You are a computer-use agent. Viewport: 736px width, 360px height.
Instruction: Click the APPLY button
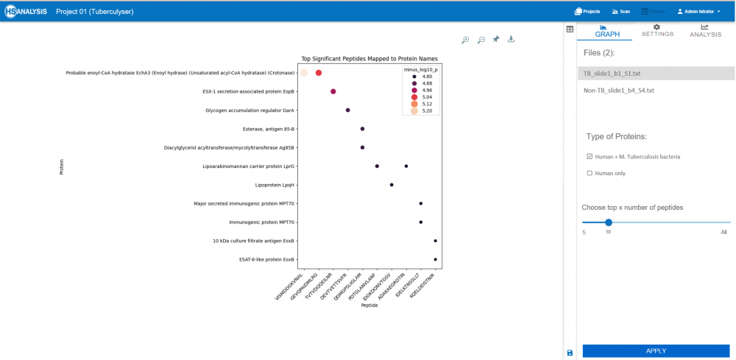tap(655, 351)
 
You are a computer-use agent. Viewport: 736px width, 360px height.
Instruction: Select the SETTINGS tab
tap(657, 30)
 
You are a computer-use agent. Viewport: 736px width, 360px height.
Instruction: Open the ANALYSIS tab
tap(705, 30)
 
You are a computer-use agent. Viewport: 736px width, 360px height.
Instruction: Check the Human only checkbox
tap(590, 173)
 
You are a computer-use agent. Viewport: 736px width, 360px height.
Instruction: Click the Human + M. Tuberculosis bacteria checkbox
tap(590, 156)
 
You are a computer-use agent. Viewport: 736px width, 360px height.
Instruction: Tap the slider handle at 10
tap(608, 222)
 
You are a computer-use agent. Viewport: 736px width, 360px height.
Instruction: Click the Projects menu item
tap(587, 12)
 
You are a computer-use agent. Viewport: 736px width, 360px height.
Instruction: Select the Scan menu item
tap(620, 12)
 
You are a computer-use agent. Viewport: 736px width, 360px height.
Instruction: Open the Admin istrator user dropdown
tap(698, 12)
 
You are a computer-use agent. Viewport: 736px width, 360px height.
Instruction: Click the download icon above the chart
tap(511, 40)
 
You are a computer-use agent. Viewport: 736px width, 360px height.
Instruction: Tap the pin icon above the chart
tap(496, 40)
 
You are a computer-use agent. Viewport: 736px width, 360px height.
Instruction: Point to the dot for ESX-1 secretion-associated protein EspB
tap(333, 92)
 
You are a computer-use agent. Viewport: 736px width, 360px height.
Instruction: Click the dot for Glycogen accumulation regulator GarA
tap(347, 110)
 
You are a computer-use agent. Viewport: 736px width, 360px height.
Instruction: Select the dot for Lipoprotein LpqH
tap(392, 185)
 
